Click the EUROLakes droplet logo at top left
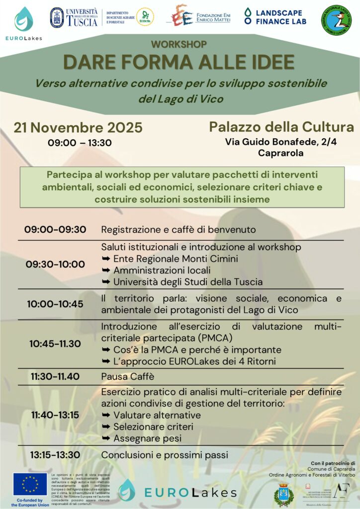coord(23,19)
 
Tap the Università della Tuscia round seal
coord(57,17)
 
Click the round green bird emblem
coord(336,20)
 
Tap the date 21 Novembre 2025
coord(78,127)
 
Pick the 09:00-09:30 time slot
coord(55,229)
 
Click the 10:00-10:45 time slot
coord(55,304)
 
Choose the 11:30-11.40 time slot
coord(55,376)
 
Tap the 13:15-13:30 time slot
coord(55,454)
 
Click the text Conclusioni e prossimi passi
coord(165,454)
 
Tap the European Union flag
coord(30,484)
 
